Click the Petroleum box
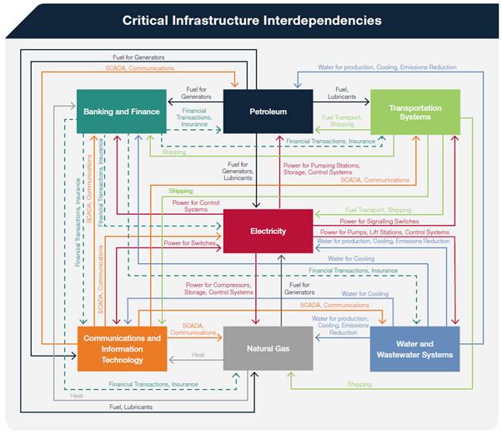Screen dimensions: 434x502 click(268, 111)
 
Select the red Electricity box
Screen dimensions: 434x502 click(268, 231)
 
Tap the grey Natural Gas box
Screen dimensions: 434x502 click(268, 347)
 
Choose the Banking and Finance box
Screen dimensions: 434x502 click(120, 111)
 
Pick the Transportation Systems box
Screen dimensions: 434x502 click(414, 112)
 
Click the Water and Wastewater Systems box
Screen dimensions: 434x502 click(414, 348)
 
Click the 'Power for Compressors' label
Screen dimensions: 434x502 click(219, 288)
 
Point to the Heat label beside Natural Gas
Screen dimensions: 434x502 click(198, 355)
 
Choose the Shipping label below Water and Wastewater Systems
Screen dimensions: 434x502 click(359, 384)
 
